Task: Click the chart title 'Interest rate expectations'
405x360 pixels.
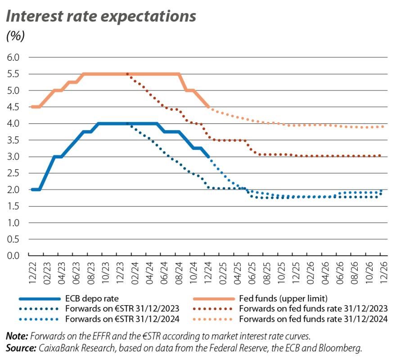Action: coord(101,16)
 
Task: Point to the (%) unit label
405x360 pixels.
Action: coord(15,36)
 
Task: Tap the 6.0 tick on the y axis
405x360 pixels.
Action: coord(14,58)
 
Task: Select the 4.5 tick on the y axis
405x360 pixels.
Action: coord(14,107)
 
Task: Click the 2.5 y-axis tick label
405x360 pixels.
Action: coord(14,173)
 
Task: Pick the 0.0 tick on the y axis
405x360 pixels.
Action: coord(14,256)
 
